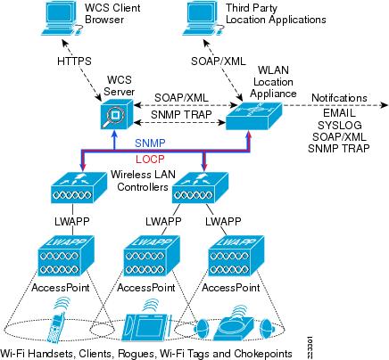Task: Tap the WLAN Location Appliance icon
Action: pyautogui.click(x=252, y=112)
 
